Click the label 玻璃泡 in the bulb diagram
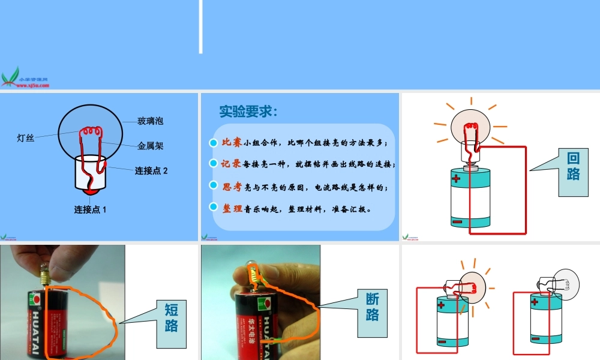(150, 121)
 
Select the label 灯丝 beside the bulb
(25, 139)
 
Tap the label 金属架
(150, 146)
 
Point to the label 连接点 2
(151, 170)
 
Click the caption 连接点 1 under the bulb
(90, 209)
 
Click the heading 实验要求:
(248, 112)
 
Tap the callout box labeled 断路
(373, 307)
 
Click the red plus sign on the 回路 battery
(457, 179)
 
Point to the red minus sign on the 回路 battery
(457, 221)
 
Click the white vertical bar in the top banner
(201, 26)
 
